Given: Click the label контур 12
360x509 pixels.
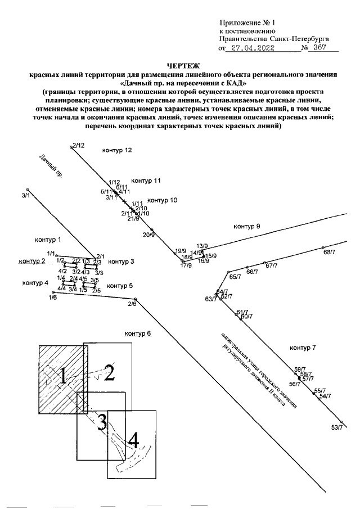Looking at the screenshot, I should [x=116, y=151].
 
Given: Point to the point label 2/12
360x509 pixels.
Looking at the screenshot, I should [x=78, y=145].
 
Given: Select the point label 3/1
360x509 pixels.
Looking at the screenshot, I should [x=25, y=195].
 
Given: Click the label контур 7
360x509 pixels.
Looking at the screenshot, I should [x=303, y=348].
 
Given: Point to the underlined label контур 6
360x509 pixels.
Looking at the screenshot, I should [x=138, y=333].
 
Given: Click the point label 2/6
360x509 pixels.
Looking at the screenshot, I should [x=132, y=304].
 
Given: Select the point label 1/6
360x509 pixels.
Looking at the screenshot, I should [x=52, y=298].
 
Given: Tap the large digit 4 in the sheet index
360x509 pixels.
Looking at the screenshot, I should [x=133, y=440].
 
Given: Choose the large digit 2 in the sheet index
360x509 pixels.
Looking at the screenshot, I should [x=110, y=372].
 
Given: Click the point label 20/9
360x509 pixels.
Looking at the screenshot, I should [x=148, y=234].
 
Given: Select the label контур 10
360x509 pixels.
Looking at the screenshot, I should [x=162, y=200].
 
